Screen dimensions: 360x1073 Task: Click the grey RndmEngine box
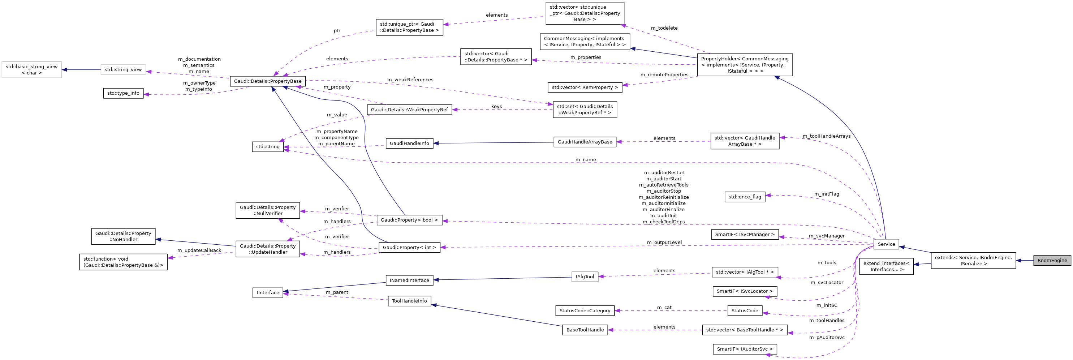click(1052, 260)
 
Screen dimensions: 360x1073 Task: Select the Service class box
click(886, 244)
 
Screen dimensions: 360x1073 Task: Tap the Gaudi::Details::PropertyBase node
click(268, 81)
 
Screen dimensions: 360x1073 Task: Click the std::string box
click(268, 147)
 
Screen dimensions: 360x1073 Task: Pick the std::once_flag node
click(745, 197)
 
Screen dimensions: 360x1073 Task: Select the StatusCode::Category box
click(585, 310)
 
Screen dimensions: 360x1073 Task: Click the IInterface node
click(268, 292)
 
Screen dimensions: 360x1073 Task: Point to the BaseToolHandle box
click(585, 330)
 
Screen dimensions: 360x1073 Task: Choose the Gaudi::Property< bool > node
click(409, 220)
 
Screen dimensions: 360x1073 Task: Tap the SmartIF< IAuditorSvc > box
click(745, 349)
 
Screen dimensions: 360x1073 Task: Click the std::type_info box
click(123, 93)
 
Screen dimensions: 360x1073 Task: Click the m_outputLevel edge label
click(664, 243)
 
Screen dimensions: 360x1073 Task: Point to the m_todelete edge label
click(664, 28)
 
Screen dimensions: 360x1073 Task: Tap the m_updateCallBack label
click(199, 250)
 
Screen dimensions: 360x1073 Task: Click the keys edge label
click(496, 107)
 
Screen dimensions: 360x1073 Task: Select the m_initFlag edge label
click(826, 194)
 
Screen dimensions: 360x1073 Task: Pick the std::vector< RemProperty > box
click(585, 87)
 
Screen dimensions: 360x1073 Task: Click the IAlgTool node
click(585, 277)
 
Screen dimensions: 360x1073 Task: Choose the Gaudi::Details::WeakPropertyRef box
click(409, 110)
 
